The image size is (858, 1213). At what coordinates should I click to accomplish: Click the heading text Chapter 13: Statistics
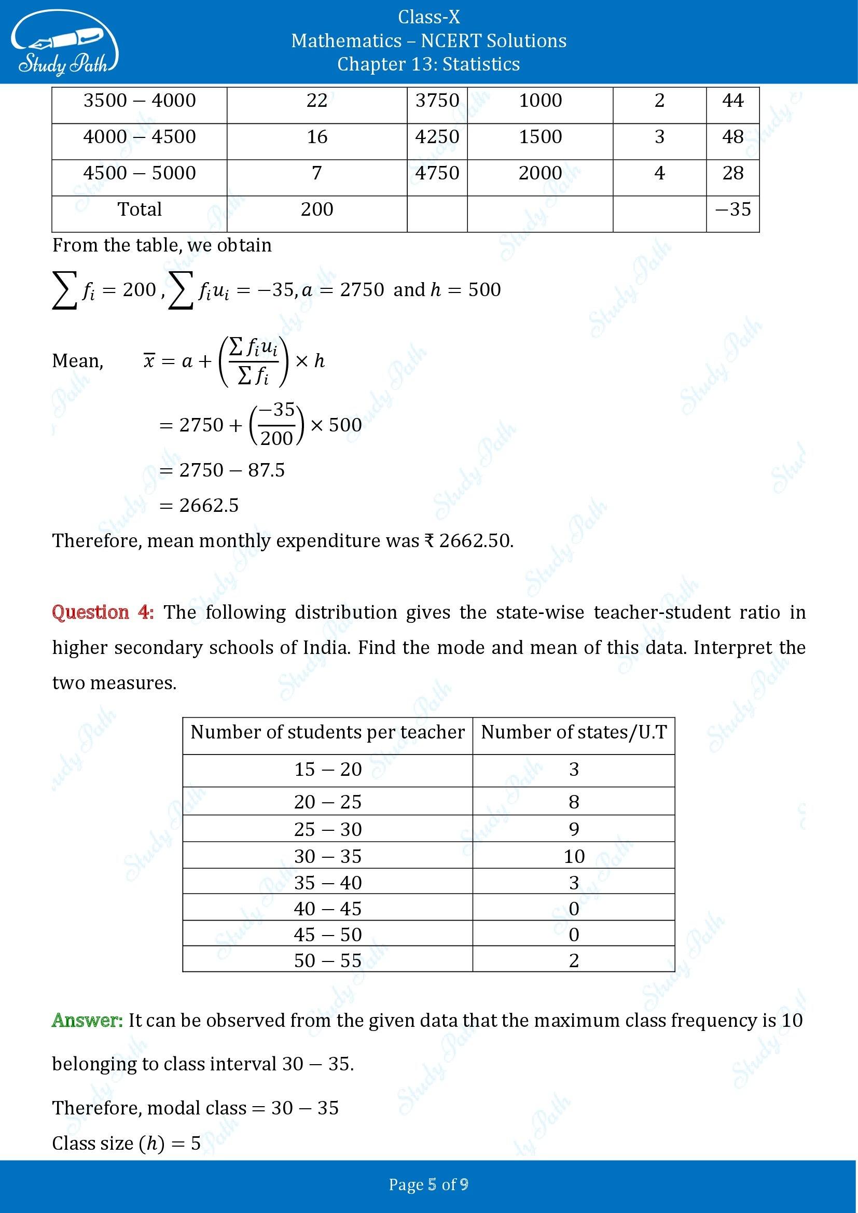428,64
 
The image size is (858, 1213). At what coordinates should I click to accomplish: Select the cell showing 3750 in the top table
437,101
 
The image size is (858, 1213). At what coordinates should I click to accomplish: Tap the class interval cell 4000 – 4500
140,137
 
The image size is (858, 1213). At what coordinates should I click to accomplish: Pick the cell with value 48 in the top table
732,137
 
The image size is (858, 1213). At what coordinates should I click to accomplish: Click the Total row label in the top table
140,209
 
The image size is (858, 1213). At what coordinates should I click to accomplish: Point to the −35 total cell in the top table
732,209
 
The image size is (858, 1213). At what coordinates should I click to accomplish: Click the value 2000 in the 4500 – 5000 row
540,173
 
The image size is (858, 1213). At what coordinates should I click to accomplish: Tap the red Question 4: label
103,612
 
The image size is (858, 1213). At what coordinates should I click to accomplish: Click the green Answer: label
88,1020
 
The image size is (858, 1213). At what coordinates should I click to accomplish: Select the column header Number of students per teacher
327,732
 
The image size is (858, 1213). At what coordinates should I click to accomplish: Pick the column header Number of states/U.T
574,732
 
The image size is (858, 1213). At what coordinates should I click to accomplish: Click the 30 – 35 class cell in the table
327,856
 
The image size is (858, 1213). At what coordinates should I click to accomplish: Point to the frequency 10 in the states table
574,856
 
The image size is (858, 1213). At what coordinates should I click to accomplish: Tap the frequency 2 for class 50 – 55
574,960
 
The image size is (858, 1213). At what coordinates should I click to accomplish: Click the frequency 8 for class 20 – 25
574,802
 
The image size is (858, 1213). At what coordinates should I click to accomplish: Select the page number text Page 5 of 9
428,1184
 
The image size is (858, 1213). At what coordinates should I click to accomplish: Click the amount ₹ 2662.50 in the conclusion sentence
467,541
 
